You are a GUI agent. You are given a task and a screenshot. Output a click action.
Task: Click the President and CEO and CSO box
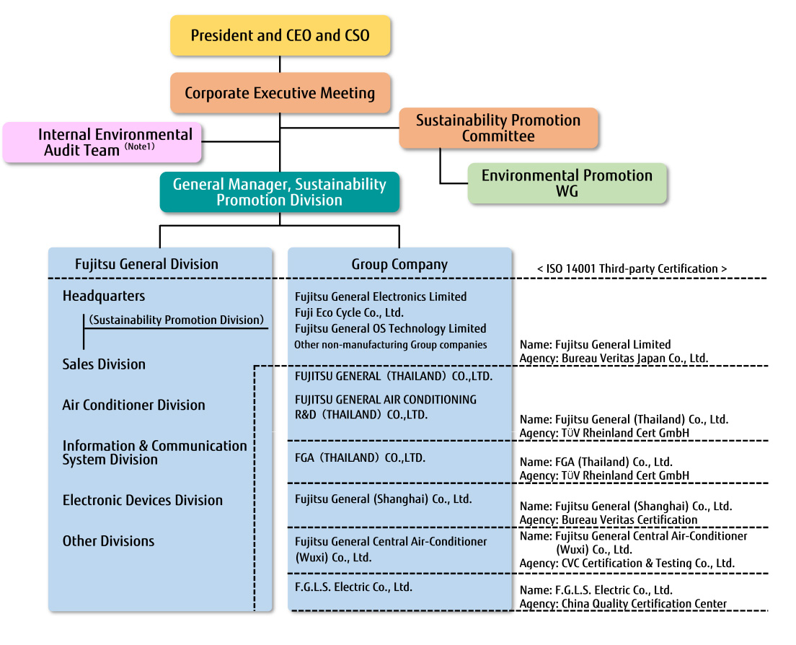click(280, 35)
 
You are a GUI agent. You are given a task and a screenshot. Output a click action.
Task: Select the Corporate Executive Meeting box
click(280, 93)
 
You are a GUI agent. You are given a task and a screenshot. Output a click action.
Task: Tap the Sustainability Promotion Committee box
click(498, 128)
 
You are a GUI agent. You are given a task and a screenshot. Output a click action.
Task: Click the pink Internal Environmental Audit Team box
click(102, 142)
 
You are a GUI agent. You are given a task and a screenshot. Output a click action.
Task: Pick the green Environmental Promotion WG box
click(567, 184)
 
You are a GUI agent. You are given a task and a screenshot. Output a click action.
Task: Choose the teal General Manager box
click(279, 192)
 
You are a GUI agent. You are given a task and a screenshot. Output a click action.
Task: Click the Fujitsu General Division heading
click(146, 264)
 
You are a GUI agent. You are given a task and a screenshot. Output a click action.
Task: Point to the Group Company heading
click(399, 264)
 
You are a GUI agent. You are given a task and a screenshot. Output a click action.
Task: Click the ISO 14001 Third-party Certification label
click(632, 268)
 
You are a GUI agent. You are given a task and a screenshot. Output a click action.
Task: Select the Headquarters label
click(104, 296)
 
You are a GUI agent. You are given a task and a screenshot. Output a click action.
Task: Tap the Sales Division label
click(104, 364)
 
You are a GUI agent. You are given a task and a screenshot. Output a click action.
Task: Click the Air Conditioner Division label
click(133, 405)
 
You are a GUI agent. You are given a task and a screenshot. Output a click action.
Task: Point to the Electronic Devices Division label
click(142, 500)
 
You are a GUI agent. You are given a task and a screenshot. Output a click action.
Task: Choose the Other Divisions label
click(108, 541)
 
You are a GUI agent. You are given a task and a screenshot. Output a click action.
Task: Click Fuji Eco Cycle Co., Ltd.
click(349, 312)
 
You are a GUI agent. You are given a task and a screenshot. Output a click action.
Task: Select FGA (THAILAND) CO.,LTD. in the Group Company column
click(360, 457)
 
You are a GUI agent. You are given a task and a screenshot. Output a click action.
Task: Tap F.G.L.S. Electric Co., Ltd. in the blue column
click(353, 587)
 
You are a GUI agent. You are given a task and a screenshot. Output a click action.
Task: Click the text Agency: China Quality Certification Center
click(623, 604)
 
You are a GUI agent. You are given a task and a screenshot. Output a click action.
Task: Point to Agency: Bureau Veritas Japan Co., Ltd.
click(614, 358)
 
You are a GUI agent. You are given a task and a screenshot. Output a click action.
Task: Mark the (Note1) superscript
click(139, 146)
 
